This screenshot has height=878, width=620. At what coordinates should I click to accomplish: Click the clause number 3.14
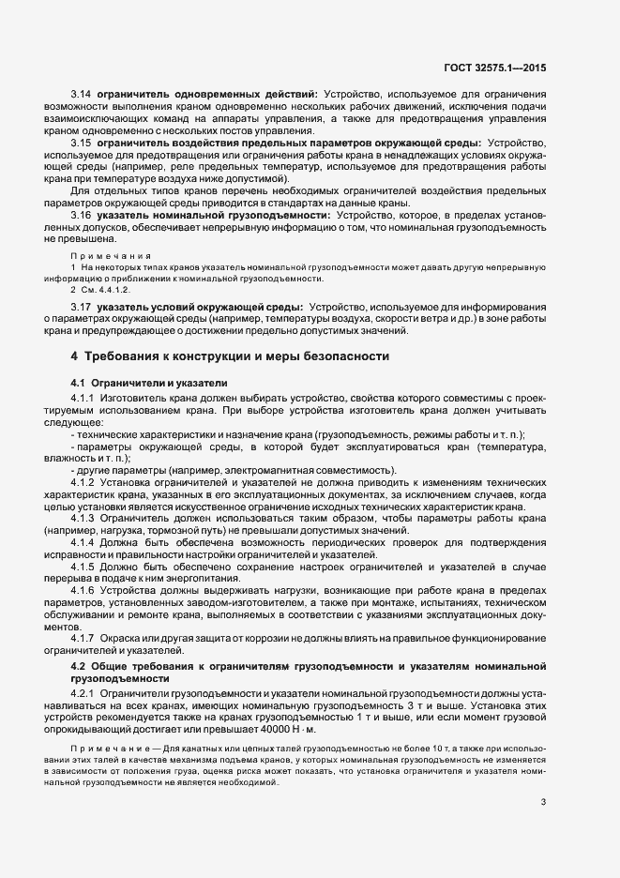pyautogui.click(x=81, y=94)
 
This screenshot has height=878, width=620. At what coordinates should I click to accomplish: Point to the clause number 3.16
pyautogui.click(x=81, y=215)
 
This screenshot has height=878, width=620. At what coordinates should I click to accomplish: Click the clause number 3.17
pyautogui.click(x=81, y=307)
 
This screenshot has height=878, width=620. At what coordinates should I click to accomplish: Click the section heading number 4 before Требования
pyautogui.click(x=74, y=357)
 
